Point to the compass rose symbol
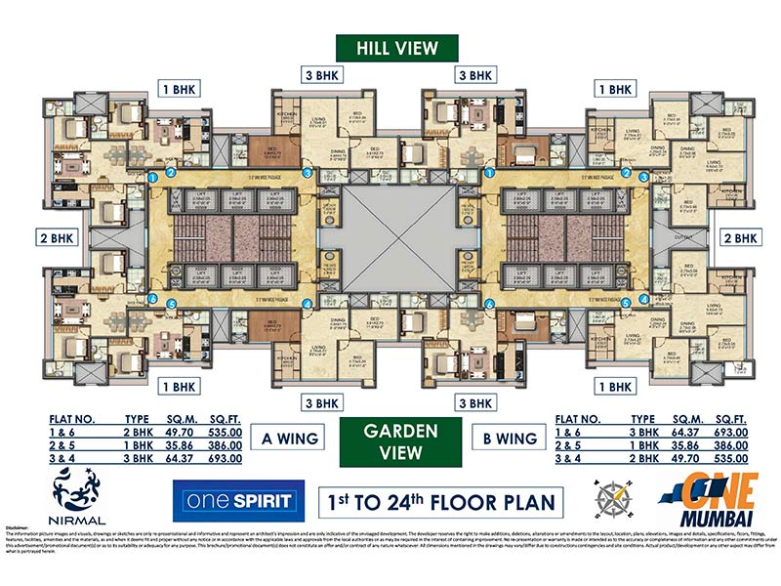tap(611, 497)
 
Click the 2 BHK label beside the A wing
tap(57, 237)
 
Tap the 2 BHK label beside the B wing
tap(739, 237)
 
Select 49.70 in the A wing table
tap(162, 430)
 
